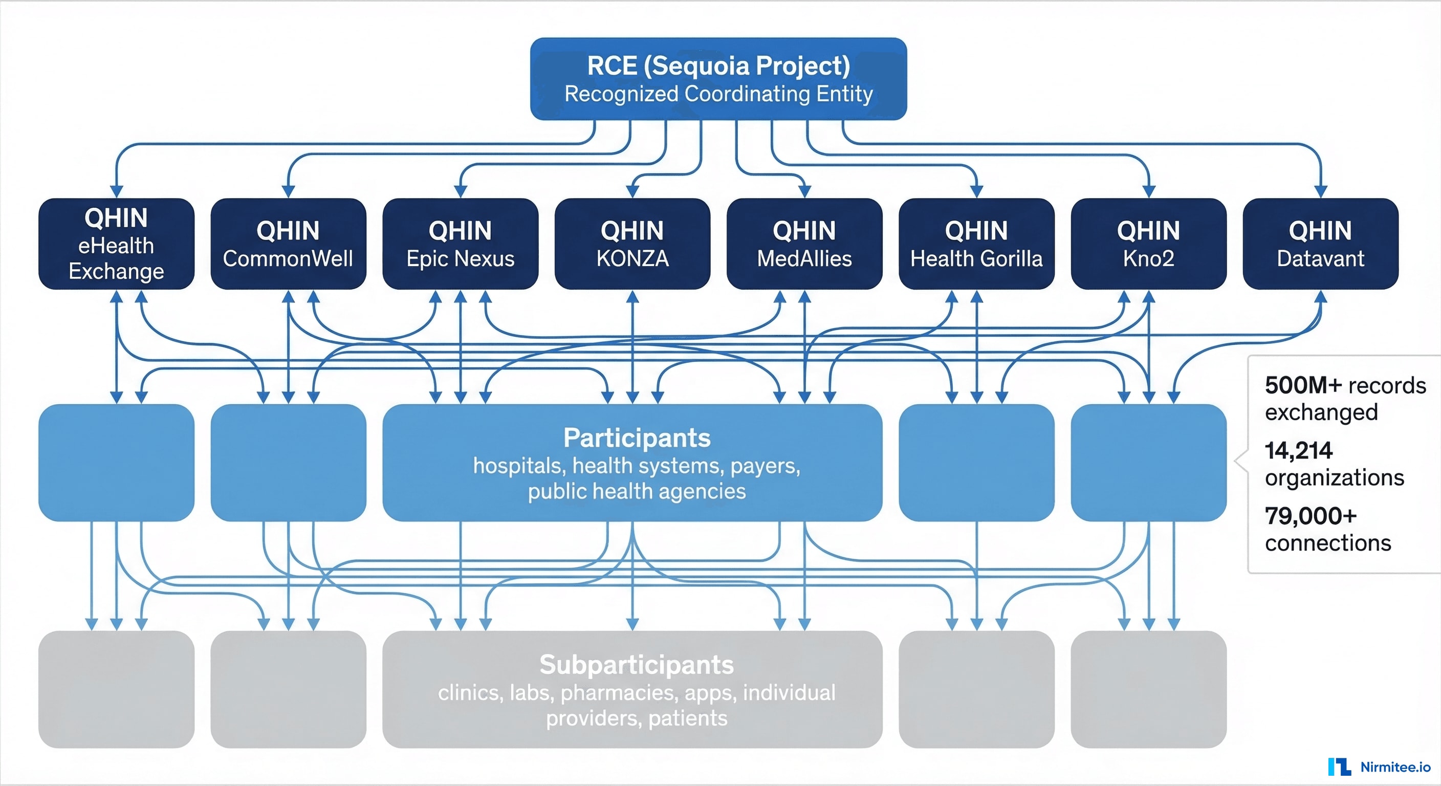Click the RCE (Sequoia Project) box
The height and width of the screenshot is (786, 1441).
pos(718,78)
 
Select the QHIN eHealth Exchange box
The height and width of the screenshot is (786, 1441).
pos(116,244)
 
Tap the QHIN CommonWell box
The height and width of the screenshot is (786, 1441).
pos(288,244)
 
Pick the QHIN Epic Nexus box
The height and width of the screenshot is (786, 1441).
pos(461,244)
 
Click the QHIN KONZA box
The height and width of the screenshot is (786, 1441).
pos(632,244)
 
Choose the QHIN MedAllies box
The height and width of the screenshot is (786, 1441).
pos(804,244)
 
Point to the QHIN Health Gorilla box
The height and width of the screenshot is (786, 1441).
pos(976,244)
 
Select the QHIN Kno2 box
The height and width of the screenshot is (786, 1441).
pos(1148,244)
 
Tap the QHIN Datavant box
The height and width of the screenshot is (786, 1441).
pos(1320,244)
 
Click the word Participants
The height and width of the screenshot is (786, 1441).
pos(637,438)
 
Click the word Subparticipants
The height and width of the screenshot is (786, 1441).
pos(637,665)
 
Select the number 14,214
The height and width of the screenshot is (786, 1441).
pos(1298,451)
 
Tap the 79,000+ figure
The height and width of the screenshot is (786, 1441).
pos(1311,516)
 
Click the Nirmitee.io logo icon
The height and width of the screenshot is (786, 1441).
pos(1339,767)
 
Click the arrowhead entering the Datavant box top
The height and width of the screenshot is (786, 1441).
pos(1320,192)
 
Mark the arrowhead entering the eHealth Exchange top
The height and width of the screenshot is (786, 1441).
pos(116,192)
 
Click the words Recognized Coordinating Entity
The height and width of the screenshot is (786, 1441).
pos(718,94)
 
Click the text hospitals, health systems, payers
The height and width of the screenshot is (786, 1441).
pos(637,466)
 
